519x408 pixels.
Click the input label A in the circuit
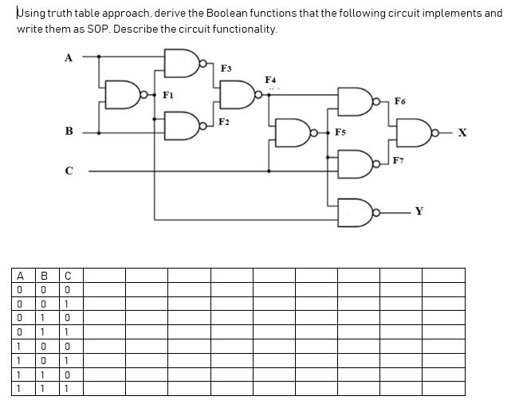click(68, 57)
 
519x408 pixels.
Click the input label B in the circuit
click(69, 131)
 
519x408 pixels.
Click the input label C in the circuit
click(69, 170)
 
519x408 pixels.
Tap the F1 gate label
click(167, 95)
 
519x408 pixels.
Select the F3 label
click(226, 68)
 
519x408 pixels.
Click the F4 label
click(270, 80)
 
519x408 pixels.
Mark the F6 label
click(399, 101)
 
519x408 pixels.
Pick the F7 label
click(399, 162)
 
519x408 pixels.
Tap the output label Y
click(419, 212)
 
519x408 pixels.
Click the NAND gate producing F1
click(124, 94)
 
